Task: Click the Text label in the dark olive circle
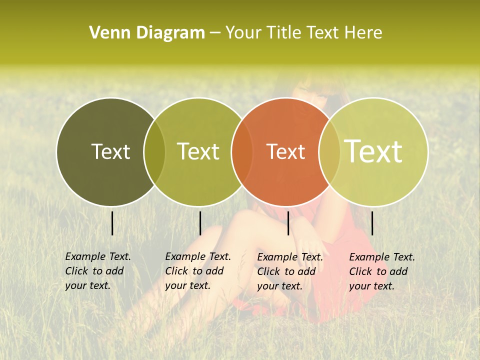pos(110,151)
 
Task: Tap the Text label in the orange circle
pos(285,151)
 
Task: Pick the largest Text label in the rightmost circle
pos(373,151)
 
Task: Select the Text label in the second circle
pos(198,151)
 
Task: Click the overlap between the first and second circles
pos(154,152)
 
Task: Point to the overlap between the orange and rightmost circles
pos(329,152)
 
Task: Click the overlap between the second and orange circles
pos(242,152)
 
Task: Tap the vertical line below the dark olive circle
pos(112,223)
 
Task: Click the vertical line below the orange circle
pos(288,223)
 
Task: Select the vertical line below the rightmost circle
pos(372,223)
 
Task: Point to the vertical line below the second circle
pos(200,223)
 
